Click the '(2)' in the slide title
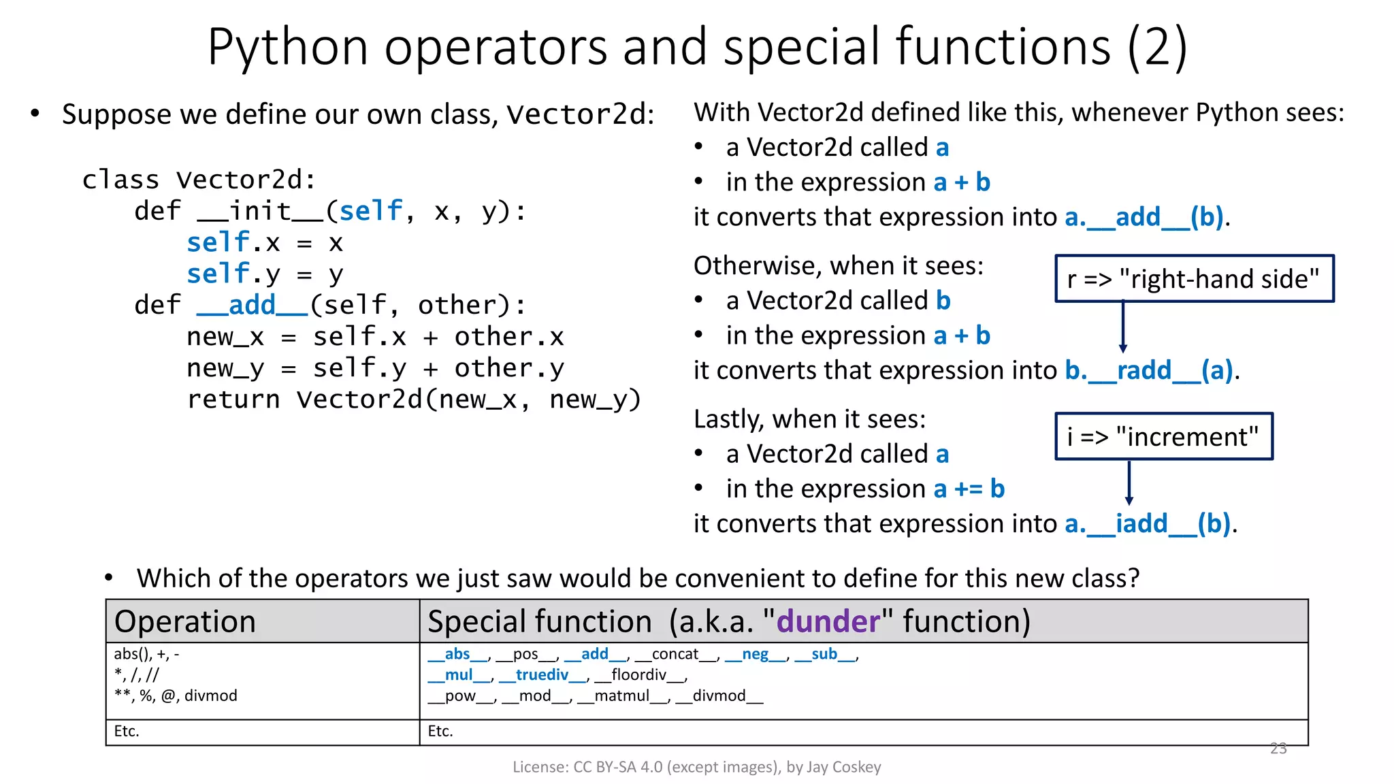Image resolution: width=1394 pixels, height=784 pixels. (1157, 46)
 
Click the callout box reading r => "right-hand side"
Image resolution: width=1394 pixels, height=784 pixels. (1194, 278)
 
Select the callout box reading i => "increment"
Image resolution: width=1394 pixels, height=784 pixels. (1163, 436)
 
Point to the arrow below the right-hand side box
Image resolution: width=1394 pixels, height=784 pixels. (1123, 327)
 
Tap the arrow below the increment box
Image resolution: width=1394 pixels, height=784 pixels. (1129, 483)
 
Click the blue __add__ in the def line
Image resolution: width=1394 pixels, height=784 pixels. (252, 305)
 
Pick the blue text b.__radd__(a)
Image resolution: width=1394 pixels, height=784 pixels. (1150, 370)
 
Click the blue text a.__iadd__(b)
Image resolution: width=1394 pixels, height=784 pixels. (1148, 523)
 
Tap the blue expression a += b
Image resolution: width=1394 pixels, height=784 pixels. (969, 489)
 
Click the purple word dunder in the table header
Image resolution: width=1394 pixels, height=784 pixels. (828, 621)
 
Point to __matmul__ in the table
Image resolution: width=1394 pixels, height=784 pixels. (622, 696)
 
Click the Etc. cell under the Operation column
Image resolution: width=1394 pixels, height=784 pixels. (127, 731)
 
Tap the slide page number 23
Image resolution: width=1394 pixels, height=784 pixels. (1278, 749)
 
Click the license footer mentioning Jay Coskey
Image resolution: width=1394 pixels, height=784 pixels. (696, 767)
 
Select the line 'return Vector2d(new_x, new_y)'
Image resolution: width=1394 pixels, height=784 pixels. (414, 399)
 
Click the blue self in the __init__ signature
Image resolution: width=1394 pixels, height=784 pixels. (371, 211)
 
